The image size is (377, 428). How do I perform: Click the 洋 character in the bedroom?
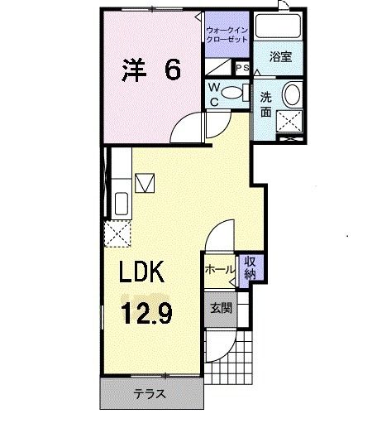tap(131, 70)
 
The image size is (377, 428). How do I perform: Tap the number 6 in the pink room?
tap(171, 70)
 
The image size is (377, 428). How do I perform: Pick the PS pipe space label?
tap(242, 68)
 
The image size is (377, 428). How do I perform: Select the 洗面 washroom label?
tap(266, 103)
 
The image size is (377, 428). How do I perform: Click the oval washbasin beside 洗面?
tap(292, 94)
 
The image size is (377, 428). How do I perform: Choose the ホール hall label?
tap(220, 269)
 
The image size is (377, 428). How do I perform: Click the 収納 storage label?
tap(249, 267)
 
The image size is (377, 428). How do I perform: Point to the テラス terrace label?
tap(150, 394)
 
